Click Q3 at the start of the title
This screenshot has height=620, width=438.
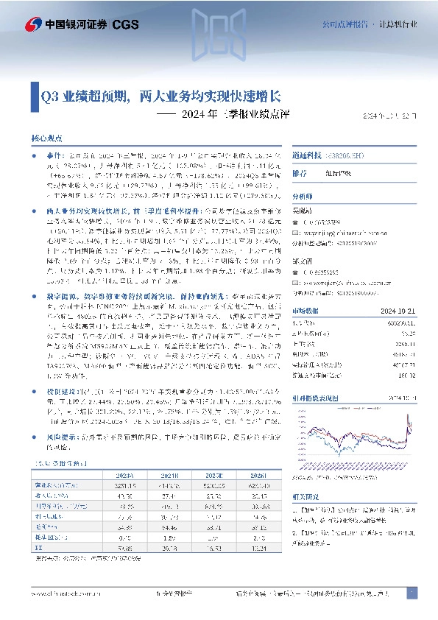point(49,96)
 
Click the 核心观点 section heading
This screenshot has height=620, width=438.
point(46,138)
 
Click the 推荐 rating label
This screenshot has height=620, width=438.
point(300,175)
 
